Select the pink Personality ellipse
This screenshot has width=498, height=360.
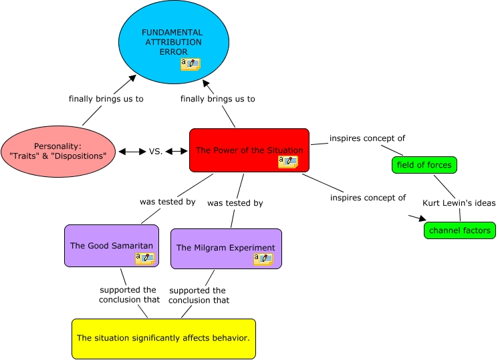click(x=58, y=150)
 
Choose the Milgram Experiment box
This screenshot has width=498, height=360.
click(x=225, y=248)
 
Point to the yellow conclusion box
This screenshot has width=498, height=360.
click(x=163, y=339)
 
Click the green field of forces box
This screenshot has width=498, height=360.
click(x=424, y=164)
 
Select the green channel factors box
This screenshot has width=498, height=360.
click(x=459, y=230)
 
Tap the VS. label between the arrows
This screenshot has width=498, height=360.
click(x=155, y=152)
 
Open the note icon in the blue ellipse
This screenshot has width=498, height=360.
click(x=190, y=64)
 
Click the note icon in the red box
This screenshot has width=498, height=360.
click(x=287, y=162)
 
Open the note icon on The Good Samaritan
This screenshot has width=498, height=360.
click(x=144, y=258)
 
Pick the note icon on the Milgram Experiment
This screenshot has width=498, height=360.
click(x=263, y=258)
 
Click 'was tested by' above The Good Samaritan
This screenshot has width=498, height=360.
click(x=167, y=201)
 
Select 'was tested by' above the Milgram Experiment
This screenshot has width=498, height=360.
click(x=235, y=203)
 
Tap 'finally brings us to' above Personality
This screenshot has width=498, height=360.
click(x=106, y=99)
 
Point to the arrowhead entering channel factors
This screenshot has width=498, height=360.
click(x=421, y=218)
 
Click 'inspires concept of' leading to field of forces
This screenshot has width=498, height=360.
click(x=367, y=139)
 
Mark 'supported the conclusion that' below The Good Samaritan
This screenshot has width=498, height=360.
click(x=127, y=295)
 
